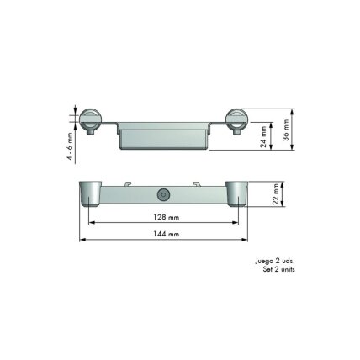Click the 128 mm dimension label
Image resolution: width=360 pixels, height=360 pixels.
tap(166, 217)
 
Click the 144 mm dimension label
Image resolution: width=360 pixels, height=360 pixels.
tap(166, 234)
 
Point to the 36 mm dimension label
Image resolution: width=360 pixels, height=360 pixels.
tap(286, 130)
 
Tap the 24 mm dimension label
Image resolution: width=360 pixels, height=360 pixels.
tap(263, 136)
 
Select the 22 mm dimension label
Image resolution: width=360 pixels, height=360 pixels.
tap(276, 194)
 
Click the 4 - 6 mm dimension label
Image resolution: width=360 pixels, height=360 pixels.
tap(70, 146)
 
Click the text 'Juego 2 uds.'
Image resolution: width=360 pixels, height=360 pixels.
tap(275, 261)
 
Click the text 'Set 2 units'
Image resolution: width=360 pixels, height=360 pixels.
tap(278, 269)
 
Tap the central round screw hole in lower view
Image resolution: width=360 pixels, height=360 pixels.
tap(163, 195)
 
